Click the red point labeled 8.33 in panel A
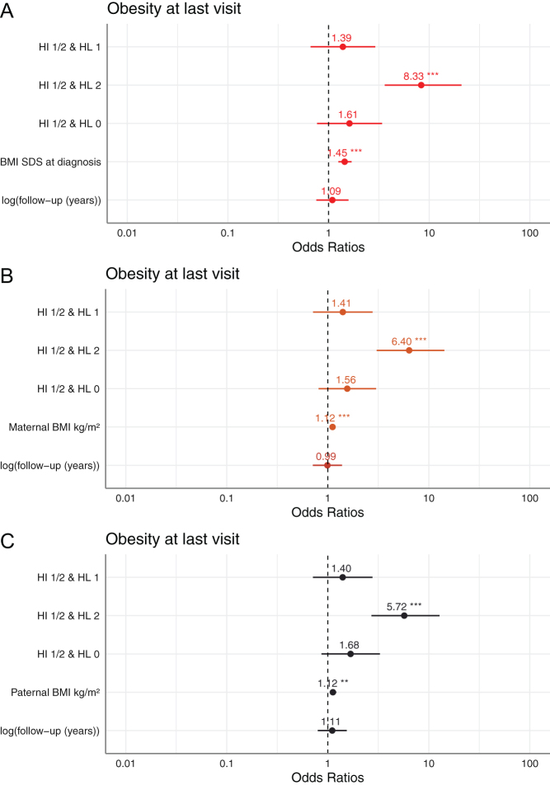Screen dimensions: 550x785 421,85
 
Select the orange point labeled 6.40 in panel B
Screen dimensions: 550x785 409,350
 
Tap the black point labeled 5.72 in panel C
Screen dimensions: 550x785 404,616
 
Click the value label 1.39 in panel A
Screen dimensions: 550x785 341,38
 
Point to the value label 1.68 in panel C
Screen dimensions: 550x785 350,646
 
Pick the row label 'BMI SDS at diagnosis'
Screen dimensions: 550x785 50,162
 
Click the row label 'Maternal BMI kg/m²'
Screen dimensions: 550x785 54,427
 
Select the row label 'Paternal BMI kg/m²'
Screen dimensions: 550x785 55,693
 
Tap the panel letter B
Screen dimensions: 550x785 7,276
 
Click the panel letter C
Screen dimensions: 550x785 7,541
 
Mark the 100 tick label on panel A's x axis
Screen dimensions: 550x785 530,233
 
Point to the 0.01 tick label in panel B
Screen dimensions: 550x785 125,499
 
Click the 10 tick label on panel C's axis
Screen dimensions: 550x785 429,764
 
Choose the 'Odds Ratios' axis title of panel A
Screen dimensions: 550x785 328,247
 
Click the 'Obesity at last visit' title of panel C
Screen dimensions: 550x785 172,539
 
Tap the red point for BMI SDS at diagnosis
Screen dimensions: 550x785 345,162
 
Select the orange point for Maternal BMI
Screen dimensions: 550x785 332,427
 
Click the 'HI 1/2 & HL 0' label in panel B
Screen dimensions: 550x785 68,389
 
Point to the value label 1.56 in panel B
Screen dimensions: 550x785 346,380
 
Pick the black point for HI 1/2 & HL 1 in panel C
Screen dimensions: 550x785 342,577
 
